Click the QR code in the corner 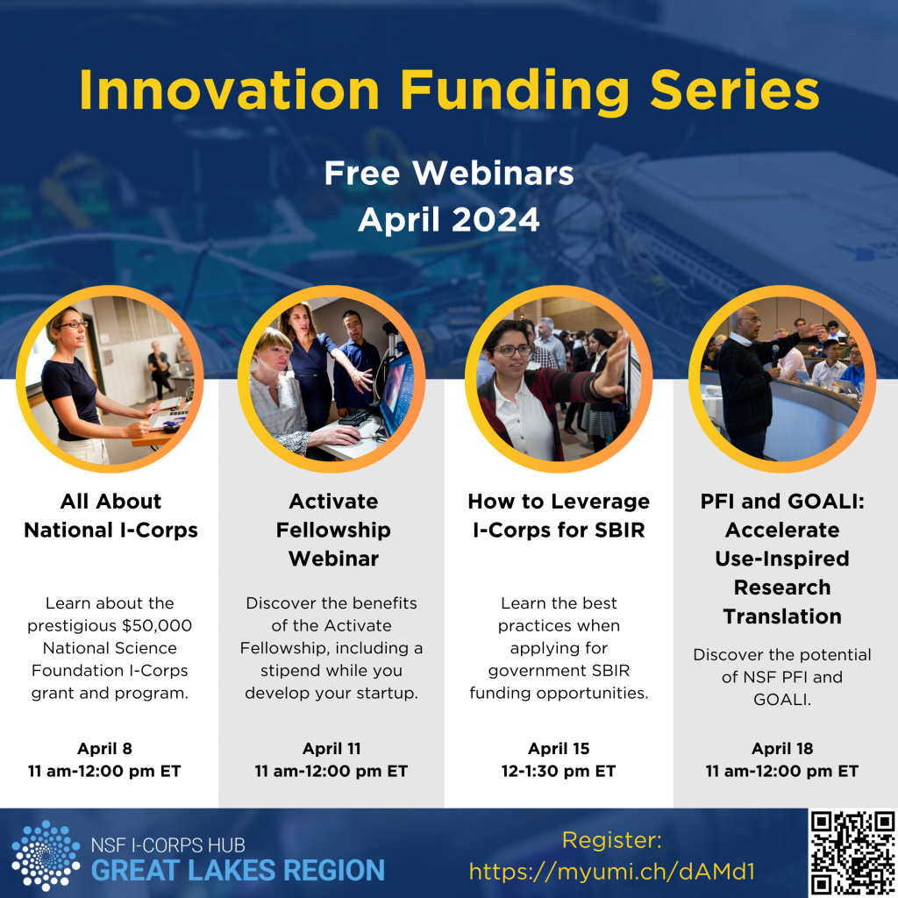click(852, 852)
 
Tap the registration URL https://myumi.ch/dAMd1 click(612, 872)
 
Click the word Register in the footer click(610, 841)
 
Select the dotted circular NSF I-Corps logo click(46, 855)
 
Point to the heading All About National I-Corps click(110, 516)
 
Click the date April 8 click(104, 749)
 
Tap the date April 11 click(331, 749)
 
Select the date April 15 click(559, 749)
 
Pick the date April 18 click(782, 749)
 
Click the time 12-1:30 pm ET click(559, 772)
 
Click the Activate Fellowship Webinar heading click(333, 530)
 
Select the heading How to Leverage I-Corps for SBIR click(559, 516)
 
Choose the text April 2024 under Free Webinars click(449, 219)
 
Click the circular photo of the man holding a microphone click(782, 379)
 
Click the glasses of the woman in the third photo click(513, 351)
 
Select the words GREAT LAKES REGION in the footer click(239, 871)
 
